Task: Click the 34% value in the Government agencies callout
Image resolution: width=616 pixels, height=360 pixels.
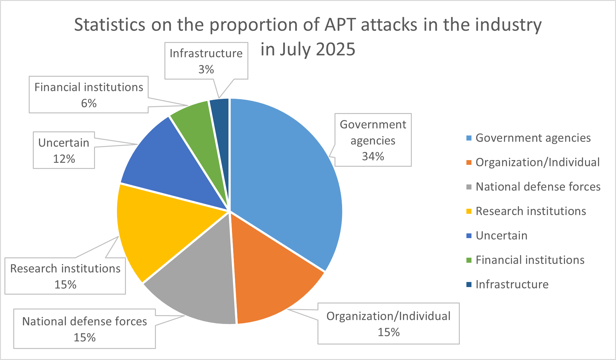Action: coord(373,156)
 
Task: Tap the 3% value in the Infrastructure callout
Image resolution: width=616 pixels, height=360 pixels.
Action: coord(206,69)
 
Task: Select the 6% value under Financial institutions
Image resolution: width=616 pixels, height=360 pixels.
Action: coord(89,103)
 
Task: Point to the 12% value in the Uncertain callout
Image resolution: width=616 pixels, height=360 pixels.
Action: coord(64,159)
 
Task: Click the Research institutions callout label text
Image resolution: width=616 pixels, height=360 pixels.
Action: coord(65,268)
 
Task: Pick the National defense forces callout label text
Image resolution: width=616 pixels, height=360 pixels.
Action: coord(85,321)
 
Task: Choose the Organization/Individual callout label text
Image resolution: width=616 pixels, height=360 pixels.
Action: coord(388,316)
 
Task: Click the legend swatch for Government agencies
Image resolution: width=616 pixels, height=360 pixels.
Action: coord(469,138)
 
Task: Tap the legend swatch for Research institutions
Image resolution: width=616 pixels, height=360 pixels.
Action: coord(469,211)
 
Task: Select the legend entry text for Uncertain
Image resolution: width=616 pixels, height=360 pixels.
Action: coord(501,236)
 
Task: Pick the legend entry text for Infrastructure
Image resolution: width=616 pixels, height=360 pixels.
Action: coord(512,285)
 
